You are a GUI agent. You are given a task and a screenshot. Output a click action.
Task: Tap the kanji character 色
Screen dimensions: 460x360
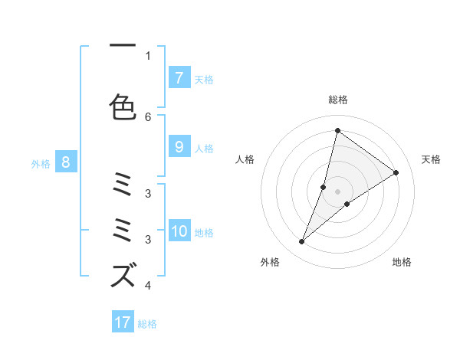tap(123, 108)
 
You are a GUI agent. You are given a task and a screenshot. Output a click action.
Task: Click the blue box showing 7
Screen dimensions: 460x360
tap(179, 77)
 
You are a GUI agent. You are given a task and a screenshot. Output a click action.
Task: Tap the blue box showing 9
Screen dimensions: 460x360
tap(179, 147)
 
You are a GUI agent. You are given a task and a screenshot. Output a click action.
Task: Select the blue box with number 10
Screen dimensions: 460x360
tap(179, 231)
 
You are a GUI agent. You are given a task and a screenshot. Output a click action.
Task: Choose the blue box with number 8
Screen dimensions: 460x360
tap(66, 162)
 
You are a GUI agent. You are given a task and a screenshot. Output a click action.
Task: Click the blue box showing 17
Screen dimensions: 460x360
tap(123, 322)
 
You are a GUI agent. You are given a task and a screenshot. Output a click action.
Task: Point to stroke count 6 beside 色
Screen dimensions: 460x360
tap(148, 117)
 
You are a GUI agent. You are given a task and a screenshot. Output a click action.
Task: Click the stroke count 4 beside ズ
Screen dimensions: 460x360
tap(148, 286)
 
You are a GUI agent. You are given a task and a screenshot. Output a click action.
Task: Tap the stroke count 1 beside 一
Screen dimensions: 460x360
tap(148, 55)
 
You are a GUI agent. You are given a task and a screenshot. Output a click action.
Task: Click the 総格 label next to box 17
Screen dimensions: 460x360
tap(147, 324)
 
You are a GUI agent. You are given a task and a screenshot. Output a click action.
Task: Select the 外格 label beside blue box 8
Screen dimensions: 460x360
tap(41, 163)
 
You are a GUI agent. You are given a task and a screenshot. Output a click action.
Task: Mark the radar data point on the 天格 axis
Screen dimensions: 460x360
tap(396, 172)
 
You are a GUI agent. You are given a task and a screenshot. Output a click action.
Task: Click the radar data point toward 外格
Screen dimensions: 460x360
tap(301, 242)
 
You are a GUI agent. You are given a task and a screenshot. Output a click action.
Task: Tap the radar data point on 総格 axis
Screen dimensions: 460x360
tap(337, 130)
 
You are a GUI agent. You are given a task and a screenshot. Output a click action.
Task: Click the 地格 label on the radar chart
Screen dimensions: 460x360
tap(402, 262)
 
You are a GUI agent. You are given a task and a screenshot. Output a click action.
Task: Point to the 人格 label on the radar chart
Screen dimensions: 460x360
tap(245, 159)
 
